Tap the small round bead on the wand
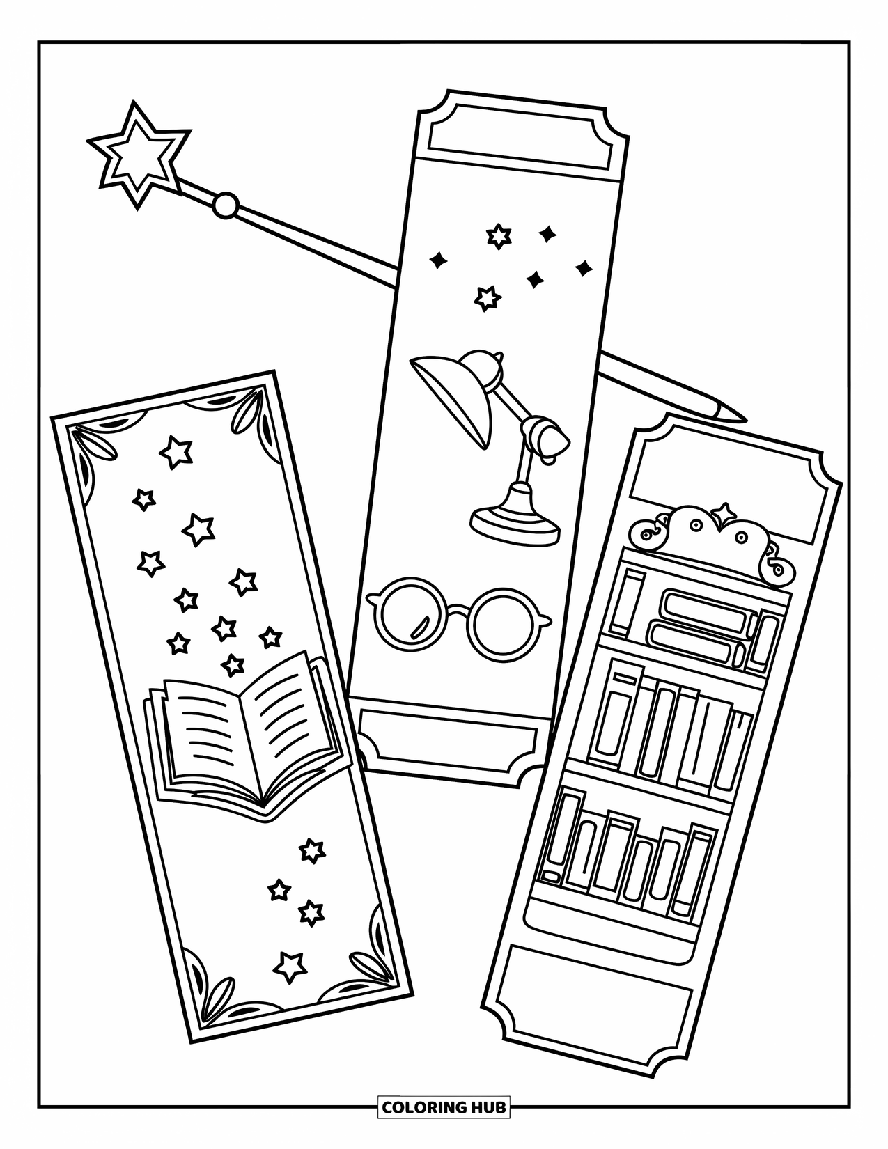click(225, 205)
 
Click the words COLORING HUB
click(444, 1106)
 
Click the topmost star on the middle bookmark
click(498, 236)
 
